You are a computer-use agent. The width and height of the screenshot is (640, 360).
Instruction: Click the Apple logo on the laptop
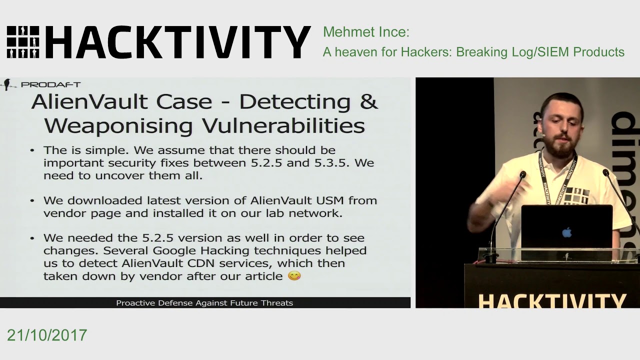point(566,232)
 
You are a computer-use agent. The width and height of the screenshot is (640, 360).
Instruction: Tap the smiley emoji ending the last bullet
point(294,275)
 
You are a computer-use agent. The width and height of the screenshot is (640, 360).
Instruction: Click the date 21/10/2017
point(47,335)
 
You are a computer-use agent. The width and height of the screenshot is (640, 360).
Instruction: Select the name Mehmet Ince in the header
point(366,32)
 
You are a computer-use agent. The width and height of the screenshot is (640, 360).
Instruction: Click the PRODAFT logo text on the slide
point(50,84)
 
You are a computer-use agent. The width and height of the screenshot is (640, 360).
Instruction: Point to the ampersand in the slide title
point(369,101)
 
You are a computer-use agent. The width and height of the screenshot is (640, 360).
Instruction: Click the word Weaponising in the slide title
point(118,125)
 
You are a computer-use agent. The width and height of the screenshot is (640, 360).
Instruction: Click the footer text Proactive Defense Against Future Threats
point(204,302)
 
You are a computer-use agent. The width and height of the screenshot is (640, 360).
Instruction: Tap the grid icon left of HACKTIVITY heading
point(23,42)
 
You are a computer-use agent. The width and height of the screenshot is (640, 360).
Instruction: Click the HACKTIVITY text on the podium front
point(552,300)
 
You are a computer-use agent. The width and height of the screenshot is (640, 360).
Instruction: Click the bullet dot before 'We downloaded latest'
point(32,200)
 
